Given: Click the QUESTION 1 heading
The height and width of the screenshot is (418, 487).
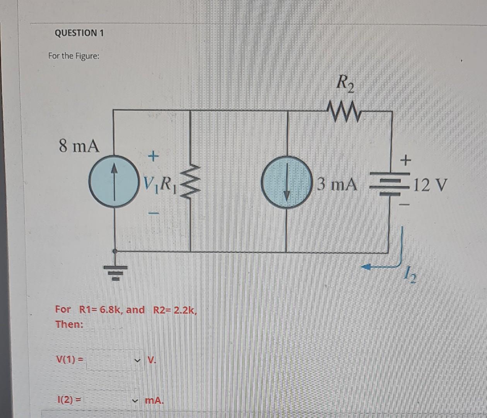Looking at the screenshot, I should coord(79,33).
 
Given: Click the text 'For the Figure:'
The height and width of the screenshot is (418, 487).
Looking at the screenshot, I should coord(73,56).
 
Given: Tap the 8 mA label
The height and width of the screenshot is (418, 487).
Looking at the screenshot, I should coord(79,147).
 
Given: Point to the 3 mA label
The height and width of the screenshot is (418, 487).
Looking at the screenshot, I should coord(337,184).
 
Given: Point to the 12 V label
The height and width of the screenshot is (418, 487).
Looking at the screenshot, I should coord(429,185).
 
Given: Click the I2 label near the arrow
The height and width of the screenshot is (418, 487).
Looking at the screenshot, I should coord(410,277).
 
